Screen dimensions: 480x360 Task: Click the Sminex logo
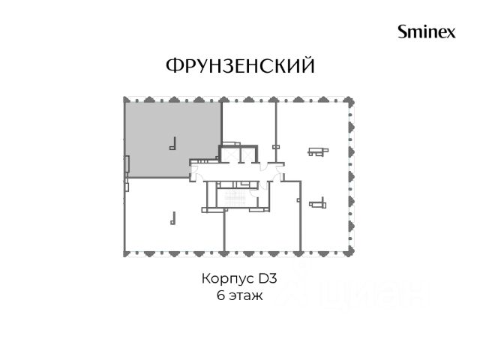pyautogui.click(x=427, y=31)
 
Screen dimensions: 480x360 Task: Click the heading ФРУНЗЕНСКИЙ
pyautogui.click(x=240, y=65)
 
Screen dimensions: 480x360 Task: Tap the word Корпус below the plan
pyautogui.click(x=228, y=278)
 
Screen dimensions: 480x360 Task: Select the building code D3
pyautogui.click(x=268, y=278)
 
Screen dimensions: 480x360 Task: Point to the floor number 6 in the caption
pyautogui.click(x=220, y=295)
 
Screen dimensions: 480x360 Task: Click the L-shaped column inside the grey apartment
pyautogui.click(x=173, y=143)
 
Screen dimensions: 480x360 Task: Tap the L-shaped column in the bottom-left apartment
pyautogui.click(x=173, y=218)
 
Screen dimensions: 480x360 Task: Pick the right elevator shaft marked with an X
pyautogui.click(x=247, y=155)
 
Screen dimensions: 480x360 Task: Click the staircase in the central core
pyautogui.click(x=235, y=198)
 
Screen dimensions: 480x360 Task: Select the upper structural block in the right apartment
pyautogui.click(x=318, y=151)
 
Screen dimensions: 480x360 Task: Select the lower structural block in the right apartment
pyautogui.click(x=318, y=204)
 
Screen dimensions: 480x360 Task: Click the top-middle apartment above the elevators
pyautogui.click(x=248, y=122)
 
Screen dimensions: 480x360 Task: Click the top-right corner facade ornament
pyautogui.click(x=350, y=101)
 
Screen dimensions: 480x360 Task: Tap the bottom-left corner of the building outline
pyautogui.click(x=124, y=253)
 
